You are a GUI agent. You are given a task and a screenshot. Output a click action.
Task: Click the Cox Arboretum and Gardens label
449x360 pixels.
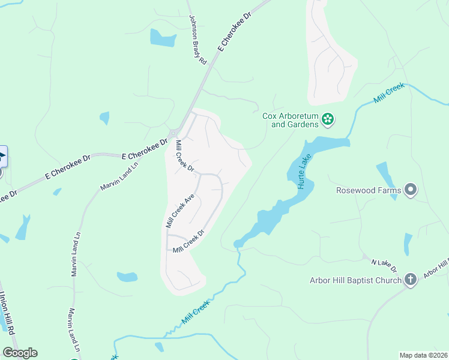click(289, 121)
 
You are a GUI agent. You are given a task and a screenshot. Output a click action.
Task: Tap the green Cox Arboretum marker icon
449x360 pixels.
click(328, 120)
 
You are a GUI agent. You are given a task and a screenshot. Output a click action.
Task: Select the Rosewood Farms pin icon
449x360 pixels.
click(411, 190)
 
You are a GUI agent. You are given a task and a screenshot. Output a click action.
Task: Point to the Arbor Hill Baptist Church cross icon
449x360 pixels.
click(411, 280)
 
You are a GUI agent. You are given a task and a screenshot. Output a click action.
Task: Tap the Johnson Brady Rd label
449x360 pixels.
click(197, 40)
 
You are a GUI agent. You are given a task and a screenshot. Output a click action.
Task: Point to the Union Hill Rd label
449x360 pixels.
click(7, 312)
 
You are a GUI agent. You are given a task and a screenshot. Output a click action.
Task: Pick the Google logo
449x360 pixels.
click(20, 353)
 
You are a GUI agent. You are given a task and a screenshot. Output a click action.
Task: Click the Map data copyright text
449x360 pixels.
click(423, 355)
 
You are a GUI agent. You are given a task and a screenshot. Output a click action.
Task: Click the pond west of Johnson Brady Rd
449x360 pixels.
click(163, 38)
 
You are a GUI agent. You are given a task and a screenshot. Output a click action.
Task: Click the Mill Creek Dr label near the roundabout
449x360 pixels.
click(184, 156)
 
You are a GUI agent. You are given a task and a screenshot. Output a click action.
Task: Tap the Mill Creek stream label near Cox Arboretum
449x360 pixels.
click(390, 94)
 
